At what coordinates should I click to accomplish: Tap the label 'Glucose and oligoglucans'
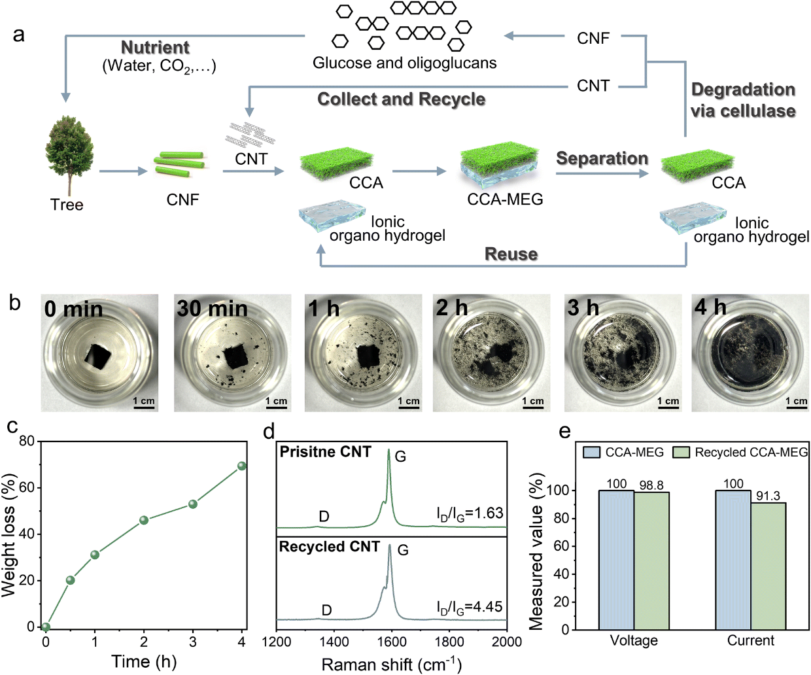(x=404, y=63)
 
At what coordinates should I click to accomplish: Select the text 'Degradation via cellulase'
(x=743, y=100)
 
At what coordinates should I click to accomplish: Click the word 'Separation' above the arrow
(x=602, y=159)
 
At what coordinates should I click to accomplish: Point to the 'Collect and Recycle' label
(x=401, y=99)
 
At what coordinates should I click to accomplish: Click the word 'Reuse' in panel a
(x=511, y=254)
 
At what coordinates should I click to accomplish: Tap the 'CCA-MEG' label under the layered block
(x=505, y=199)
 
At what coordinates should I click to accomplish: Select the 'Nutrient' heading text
(x=155, y=48)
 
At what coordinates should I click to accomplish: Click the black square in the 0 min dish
(x=99, y=355)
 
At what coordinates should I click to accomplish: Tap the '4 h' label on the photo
(x=710, y=307)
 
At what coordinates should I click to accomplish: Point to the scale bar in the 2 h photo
(x=533, y=407)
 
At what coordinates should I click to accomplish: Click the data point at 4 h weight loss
(x=242, y=466)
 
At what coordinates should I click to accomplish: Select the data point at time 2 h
(x=144, y=520)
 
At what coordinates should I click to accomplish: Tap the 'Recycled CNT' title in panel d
(x=329, y=547)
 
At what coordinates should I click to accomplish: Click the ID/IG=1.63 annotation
(x=469, y=513)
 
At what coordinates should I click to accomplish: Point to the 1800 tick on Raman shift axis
(x=449, y=642)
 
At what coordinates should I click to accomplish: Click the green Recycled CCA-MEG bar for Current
(x=768, y=566)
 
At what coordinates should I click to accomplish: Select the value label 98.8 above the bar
(x=651, y=485)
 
